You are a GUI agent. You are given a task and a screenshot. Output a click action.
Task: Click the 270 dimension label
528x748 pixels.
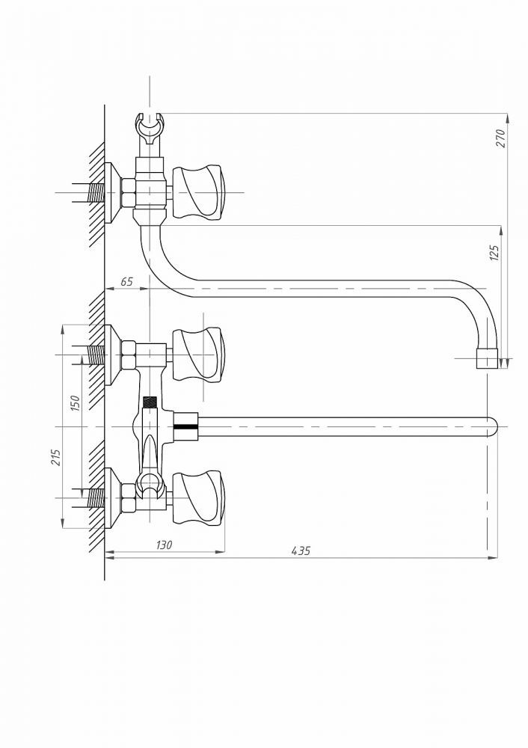tap(500, 138)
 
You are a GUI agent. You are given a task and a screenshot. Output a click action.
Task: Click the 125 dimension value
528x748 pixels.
tap(494, 252)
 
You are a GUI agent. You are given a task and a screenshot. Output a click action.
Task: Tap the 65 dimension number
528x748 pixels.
tap(126, 281)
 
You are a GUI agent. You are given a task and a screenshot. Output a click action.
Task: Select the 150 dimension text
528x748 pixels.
tap(75, 403)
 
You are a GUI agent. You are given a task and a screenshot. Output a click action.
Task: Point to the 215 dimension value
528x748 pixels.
tap(56, 458)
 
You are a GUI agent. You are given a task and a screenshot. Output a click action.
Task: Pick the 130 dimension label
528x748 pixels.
tap(164, 545)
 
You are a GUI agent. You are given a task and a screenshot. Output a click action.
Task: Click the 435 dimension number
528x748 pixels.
tap(301, 551)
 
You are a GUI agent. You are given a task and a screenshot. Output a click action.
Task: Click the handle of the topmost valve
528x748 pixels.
tap(197, 192)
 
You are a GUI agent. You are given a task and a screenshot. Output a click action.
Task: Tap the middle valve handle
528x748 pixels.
tap(197, 355)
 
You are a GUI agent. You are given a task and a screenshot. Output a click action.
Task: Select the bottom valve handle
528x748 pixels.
tap(197, 497)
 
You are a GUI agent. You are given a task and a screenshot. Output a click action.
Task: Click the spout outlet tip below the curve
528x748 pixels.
tap(488, 358)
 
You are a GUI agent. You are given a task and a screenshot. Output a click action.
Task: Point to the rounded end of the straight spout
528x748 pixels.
tap(492, 426)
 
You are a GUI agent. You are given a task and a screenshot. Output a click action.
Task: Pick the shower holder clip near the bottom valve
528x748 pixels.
tap(150, 484)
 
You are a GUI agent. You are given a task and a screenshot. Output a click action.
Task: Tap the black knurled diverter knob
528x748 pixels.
tap(150, 401)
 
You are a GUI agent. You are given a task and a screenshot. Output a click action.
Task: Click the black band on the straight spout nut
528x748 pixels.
tap(185, 426)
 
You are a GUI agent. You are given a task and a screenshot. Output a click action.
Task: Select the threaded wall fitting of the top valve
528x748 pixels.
tap(96, 193)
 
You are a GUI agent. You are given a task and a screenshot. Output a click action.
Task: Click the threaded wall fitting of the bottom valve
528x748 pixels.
tap(96, 498)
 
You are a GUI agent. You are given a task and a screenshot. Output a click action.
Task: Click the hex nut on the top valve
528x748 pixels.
tap(129, 193)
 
